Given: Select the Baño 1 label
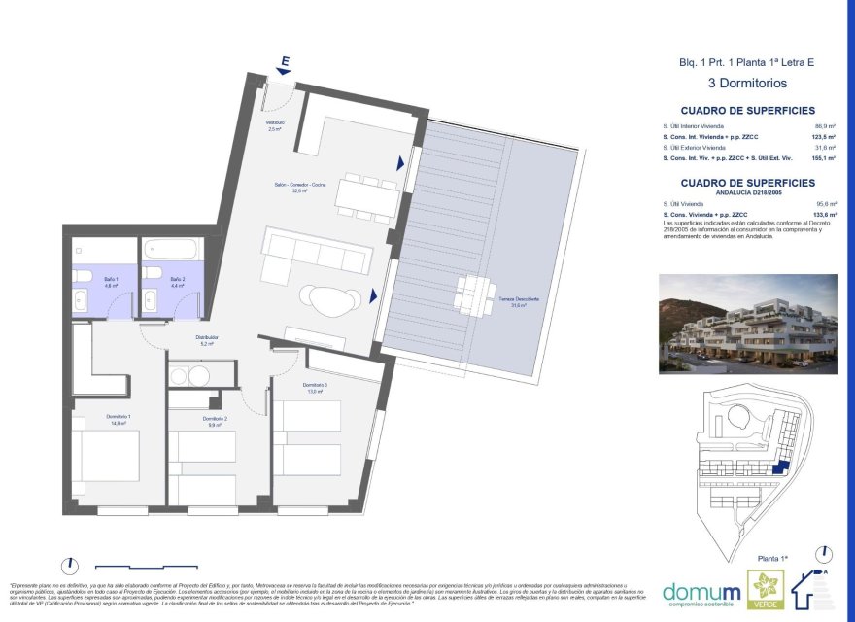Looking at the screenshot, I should tap(112, 282).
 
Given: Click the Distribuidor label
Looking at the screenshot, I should tap(206, 340).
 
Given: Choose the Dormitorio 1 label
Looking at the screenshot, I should tap(119, 419).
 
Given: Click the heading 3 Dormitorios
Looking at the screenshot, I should tap(747, 84).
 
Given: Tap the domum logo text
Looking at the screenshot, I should tap(700, 590).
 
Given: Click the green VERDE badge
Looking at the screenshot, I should tap(764, 590).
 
